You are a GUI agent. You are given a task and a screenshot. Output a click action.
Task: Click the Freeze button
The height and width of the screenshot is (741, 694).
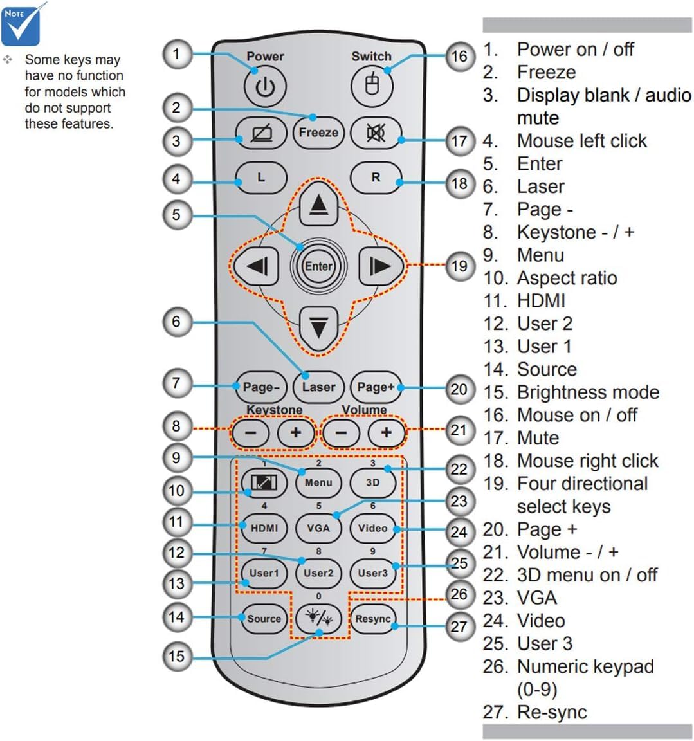(x=318, y=133)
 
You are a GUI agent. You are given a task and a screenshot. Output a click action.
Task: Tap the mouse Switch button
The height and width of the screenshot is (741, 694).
(x=372, y=86)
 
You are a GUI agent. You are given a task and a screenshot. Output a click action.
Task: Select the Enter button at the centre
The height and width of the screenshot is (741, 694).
(x=318, y=266)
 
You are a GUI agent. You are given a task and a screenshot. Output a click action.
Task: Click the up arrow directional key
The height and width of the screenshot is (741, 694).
(x=318, y=204)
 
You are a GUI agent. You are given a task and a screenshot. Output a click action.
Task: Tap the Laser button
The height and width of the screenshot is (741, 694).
(x=318, y=387)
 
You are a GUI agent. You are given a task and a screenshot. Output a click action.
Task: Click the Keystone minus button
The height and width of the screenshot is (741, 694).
(x=250, y=432)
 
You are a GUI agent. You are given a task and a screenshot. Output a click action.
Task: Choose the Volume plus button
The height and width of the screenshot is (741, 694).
(x=387, y=432)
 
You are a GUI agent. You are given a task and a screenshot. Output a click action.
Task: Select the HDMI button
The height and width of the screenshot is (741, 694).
(x=264, y=528)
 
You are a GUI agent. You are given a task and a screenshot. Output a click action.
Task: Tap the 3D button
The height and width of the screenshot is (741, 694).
(x=373, y=482)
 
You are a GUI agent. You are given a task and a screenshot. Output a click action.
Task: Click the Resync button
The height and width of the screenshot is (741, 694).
(x=373, y=619)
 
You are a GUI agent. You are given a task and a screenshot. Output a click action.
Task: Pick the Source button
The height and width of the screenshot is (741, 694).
(x=264, y=619)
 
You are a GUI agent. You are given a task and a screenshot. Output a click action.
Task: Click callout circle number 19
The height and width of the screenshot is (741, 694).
(x=460, y=266)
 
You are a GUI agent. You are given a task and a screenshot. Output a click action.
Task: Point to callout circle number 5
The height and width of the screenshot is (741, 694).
(x=177, y=215)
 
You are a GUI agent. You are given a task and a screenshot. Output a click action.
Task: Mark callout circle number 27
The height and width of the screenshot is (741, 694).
(x=460, y=627)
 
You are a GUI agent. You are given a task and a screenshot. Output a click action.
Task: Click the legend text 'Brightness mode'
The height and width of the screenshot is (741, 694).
(x=588, y=392)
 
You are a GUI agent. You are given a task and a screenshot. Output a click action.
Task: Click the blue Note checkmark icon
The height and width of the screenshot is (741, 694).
(x=22, y=24)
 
